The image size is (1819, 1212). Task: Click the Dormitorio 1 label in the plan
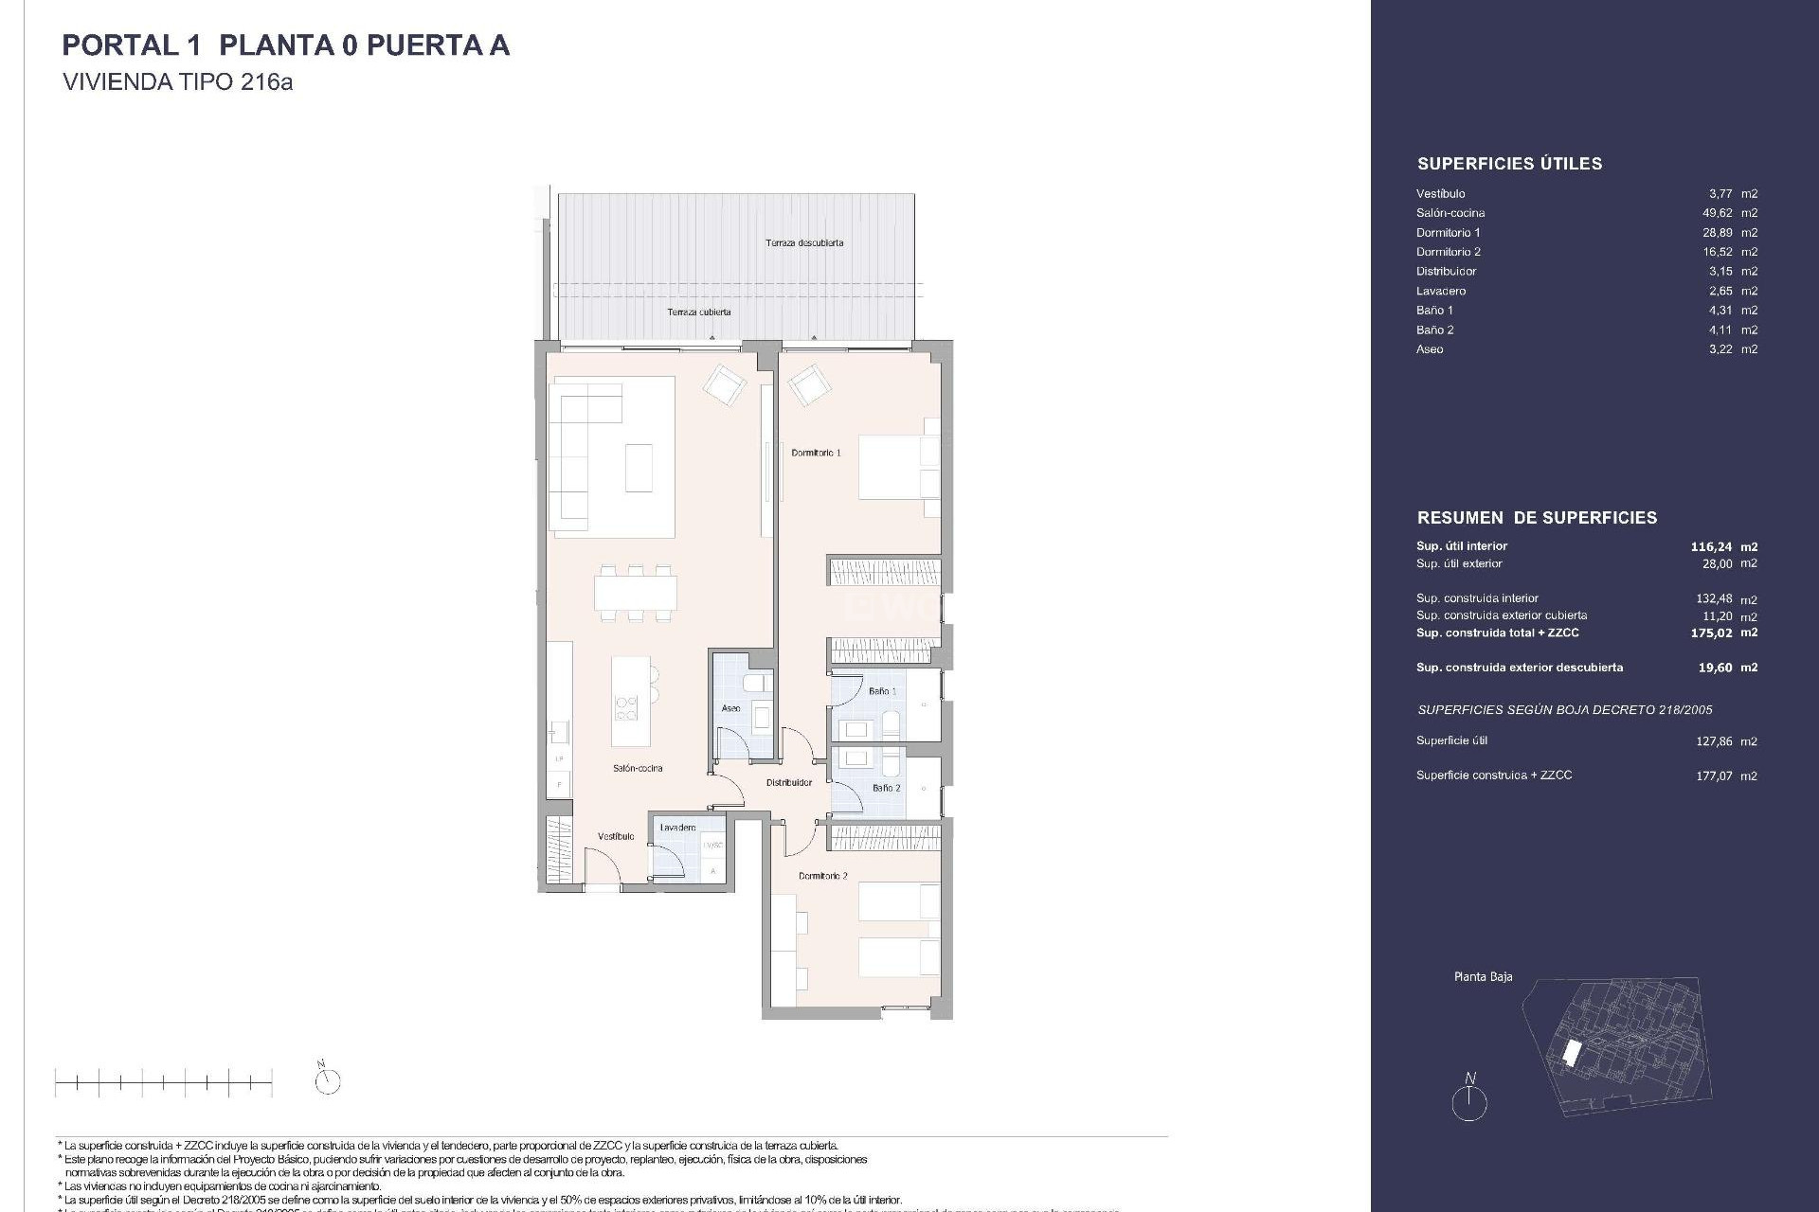click(816, 454)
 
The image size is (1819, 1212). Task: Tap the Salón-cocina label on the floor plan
click(638, 768)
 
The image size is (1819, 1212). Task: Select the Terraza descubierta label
click(804, 243)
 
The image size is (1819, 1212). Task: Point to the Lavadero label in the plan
click(677, 828)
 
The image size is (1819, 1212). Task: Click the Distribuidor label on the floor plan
click(789, 783)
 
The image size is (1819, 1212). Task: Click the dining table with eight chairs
click(636, 593)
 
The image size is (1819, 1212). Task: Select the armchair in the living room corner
click(725, 385)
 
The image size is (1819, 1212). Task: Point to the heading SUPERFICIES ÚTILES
click(1509, 164)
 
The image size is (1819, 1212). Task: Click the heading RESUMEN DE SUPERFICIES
click(1537, 518)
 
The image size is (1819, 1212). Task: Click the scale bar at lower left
click(163, 1081)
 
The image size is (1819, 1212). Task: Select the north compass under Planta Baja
click(1469, 1101)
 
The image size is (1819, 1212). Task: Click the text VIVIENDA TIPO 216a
click(177, 82)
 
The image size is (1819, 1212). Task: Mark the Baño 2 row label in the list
click(1434, 330)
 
